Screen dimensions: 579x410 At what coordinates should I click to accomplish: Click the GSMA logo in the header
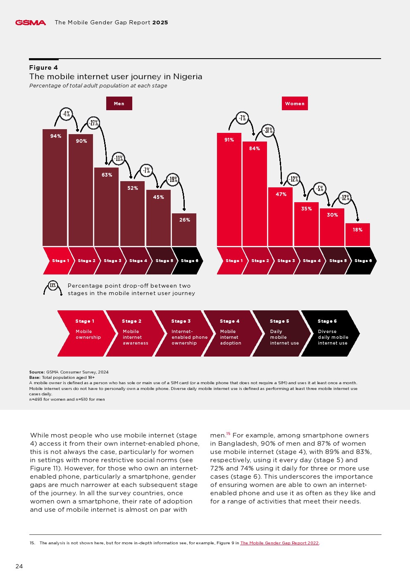pyautogui.click(x=31, y=23)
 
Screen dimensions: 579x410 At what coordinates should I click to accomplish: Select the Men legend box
pyautogui.click(x=119, y=104)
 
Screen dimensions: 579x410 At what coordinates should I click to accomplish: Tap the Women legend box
pyautogui.click(x=295, y=104)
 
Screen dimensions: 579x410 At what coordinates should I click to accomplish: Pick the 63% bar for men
pyautogui.click(x=107, y=206)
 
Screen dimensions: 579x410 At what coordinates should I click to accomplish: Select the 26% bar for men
pyautogui.click(x=184, y=229)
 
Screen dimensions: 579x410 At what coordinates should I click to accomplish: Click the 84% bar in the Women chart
pyautogui.click(x=255, y=194)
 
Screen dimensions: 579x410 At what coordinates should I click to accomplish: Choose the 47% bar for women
pyautogui.click(x=281, y=217)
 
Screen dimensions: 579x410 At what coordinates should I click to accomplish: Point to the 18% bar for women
pyautogui.click(x=358, y=234)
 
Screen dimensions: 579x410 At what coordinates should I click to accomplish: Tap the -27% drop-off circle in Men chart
pyautogui.click(x=93, y=123)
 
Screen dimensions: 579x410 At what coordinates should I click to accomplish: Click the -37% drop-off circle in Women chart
pyautogui.click(x=268, y=131)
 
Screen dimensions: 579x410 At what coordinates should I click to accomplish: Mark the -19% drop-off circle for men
pyautogui.click(x=173, y=179)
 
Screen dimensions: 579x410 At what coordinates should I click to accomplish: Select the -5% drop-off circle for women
pyautogui.click(x=319, y=189)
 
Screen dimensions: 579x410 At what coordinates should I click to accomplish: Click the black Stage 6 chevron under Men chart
pyautogui.click(x=188, y=261)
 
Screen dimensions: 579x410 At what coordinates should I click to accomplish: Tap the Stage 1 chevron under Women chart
pyautogui.click(x=231, y=261)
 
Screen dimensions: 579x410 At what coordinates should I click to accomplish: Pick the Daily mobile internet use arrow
pyautogui.click(x=281, y=333)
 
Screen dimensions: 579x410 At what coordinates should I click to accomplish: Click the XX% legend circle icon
pyautogui.click(x=53, y=285)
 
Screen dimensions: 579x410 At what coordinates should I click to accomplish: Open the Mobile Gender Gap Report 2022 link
pyautogui.click(x=279, y=543)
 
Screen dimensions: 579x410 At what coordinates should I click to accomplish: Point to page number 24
pyautogui.click(x=19, y=566)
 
